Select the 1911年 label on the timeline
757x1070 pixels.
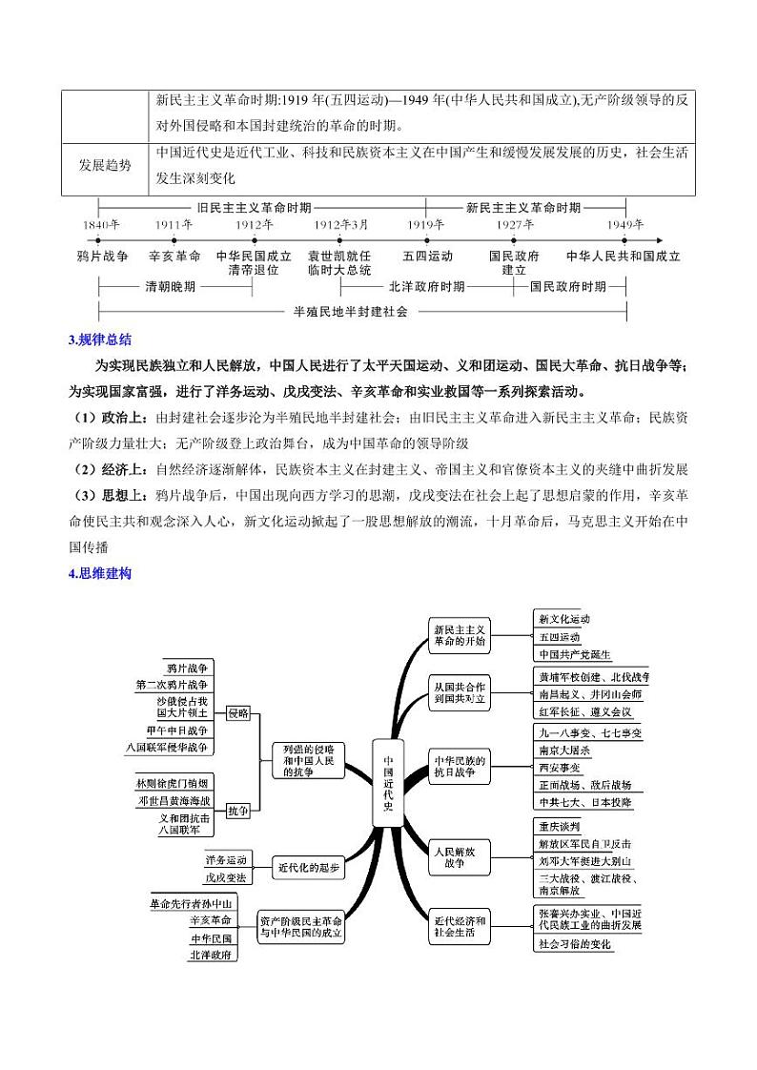(x=174, y=226)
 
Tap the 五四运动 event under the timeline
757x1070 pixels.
(x=427, y=256)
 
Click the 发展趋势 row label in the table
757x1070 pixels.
(x=106, y=164)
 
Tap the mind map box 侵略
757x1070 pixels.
(x=238, y=712)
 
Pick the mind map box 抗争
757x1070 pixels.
(x=238, y=811)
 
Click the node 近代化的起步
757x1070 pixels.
(x=308, y=868)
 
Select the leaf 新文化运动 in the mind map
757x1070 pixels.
(x=564, y=618)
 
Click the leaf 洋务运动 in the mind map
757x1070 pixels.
(x=225, y=859)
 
